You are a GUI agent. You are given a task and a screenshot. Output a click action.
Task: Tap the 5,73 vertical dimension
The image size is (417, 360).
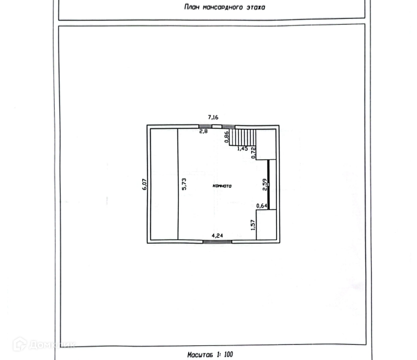pyautogui.click(x=184, y=184)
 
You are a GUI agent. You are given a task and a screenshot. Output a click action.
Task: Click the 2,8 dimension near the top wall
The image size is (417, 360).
pyautogui.click(x=203, y=131)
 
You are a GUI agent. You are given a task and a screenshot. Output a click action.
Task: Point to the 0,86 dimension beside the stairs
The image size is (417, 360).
pyautogui.click(x=227, y=137)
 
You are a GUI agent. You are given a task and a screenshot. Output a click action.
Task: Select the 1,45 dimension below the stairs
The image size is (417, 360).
pyautogui.click(x=242, y=149)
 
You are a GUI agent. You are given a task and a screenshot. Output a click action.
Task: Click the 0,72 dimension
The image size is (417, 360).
pyautogui.click(x=253, y=152)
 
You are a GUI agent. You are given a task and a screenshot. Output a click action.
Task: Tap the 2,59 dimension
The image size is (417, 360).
pyautogui.click(x=265, y=185)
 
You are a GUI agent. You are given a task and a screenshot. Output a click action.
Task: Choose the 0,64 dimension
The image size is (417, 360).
pyautogui.click(x=261, y=205)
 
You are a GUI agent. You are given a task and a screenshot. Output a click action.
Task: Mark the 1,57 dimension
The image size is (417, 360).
pyautogui.click(x=253, y=225)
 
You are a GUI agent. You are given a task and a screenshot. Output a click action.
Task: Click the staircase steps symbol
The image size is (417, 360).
pyautogui.click(x=243, y=138)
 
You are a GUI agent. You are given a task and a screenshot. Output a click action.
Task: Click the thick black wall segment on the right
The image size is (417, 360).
pyautogui.click(x=269, y=184)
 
